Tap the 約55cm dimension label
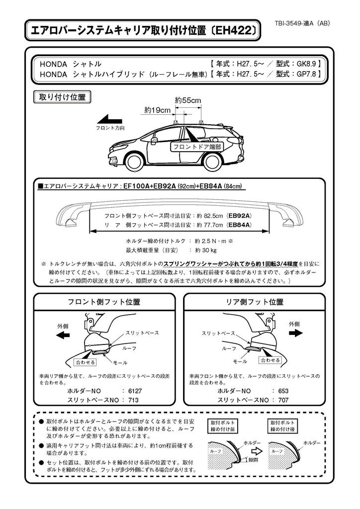point(188,100)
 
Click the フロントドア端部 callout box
point(196,147)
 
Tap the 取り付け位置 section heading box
point(62,97)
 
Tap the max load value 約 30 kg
point(206,250)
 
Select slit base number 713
point(133,400)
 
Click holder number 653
point(284,391)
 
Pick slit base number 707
point(284,400)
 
